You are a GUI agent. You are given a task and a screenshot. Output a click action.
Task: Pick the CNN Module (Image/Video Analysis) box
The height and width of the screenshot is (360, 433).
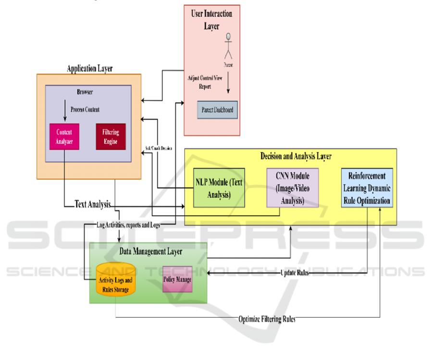pos(293,187)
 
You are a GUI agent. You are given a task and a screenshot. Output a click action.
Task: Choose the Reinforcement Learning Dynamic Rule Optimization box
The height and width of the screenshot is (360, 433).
pos(367,188)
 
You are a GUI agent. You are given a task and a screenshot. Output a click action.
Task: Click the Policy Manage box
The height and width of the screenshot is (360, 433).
pos(177,279)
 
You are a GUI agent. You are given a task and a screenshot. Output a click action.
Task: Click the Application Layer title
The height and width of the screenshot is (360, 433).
pos(89,69)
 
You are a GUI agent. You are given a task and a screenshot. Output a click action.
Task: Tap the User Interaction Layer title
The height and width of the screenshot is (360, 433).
pos(211,20)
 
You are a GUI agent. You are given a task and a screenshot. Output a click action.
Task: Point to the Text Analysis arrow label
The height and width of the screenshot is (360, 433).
pos(93,204)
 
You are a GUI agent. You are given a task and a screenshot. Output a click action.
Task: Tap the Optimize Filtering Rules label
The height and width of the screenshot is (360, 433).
pos(267,319)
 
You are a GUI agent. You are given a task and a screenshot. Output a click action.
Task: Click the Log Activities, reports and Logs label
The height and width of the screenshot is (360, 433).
pos(128,225)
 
